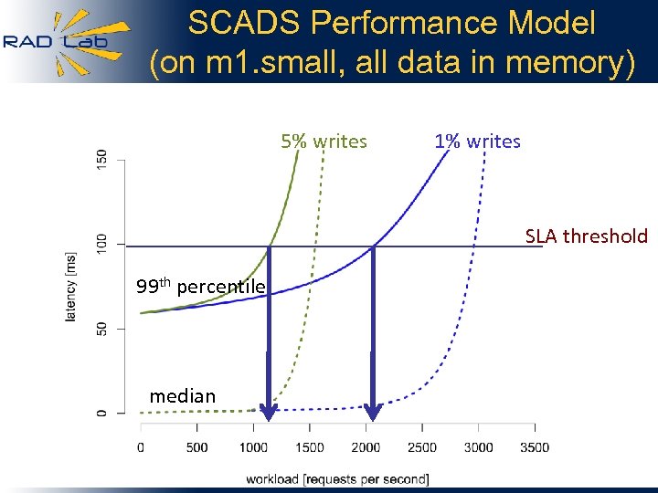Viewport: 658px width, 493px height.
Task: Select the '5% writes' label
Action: click(x=324, y=142)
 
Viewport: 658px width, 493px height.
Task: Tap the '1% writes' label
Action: click(x=477, y=142)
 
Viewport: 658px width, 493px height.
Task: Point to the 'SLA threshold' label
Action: click(x=586, y=236)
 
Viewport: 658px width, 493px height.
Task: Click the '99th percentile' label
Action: click(x=200, y=287)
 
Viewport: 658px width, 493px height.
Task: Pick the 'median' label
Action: click(x=183, y=396)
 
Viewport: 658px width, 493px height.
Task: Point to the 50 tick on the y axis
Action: click(x=101, y=328)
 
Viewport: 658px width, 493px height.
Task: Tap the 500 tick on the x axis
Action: click(x=196, y=447)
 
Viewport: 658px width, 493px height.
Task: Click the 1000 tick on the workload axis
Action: click(x=252, y=447)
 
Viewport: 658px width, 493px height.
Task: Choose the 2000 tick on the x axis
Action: click(x=366, y=447)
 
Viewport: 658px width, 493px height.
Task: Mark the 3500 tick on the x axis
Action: click(x=535, y=447)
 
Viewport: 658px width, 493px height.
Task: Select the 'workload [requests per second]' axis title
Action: click(x=337, y=478)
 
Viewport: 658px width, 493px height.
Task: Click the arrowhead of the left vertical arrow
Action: click(x=268, y=412)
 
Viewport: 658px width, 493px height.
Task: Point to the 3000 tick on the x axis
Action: click(x=478, y=447)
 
